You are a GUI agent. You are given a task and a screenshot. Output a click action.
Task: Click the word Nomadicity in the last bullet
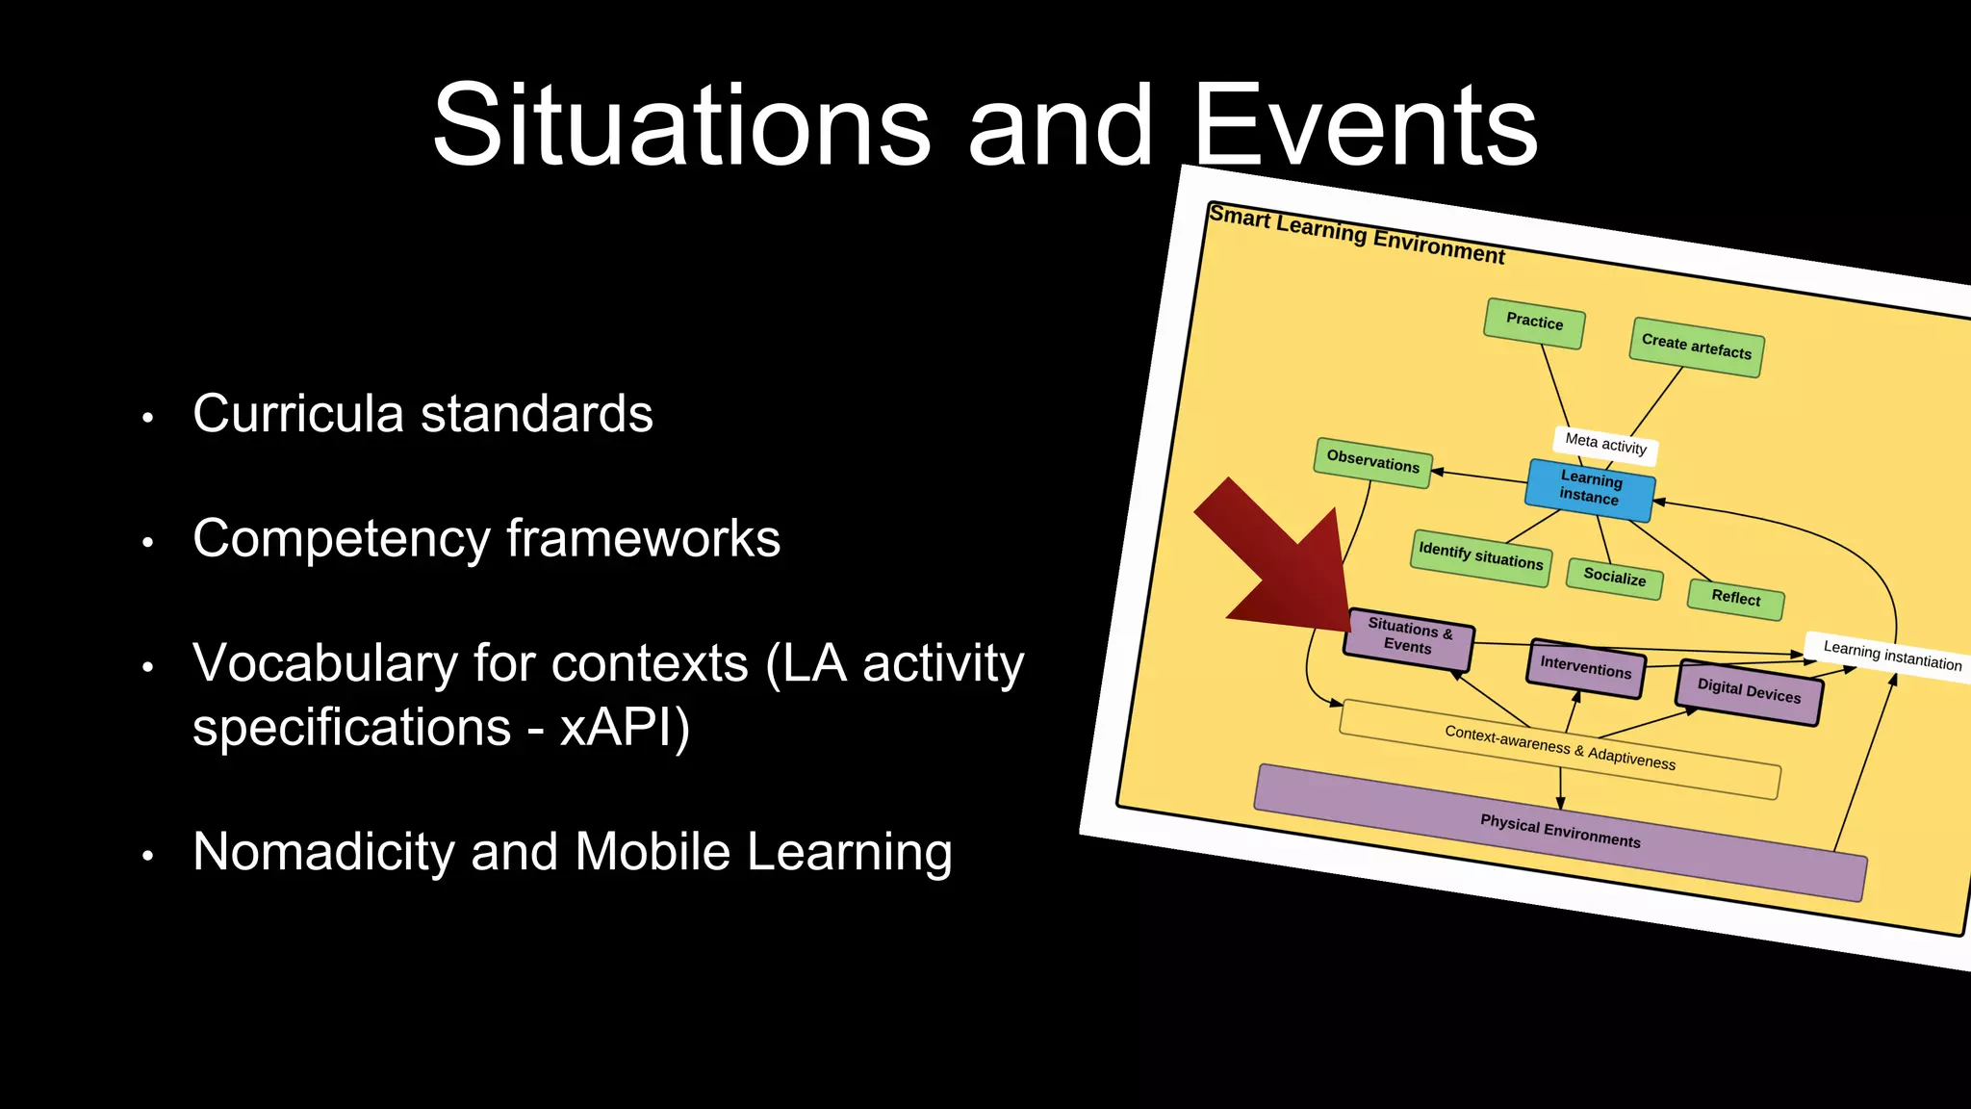click(x=322, y=852)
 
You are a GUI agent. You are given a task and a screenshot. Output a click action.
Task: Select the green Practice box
click(x=1534, y=322)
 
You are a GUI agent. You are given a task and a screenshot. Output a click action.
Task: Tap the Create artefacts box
click(x=1696, y=347)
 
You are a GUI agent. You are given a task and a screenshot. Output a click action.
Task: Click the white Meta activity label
click(x=1605, y=444)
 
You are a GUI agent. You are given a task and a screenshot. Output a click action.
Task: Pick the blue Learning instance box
click(x=1590, y=488)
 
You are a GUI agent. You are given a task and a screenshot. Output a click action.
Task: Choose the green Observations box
click(x=1372, y=462)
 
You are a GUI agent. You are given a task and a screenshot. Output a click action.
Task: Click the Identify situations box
click(x=1480, y=556)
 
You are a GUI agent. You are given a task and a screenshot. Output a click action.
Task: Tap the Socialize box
click(x=1614, y=578)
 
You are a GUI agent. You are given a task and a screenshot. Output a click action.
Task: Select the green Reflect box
click(x=1735, y=598)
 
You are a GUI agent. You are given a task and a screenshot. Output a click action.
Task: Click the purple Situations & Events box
click(x=1409, y=636)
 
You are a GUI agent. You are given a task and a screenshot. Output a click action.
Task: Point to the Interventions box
click(x=1585, y=666)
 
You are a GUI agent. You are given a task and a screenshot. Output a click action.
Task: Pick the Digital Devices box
click(x=1748, y=691)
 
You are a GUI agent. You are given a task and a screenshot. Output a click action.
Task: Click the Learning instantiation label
click(x=1891, y=657)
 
